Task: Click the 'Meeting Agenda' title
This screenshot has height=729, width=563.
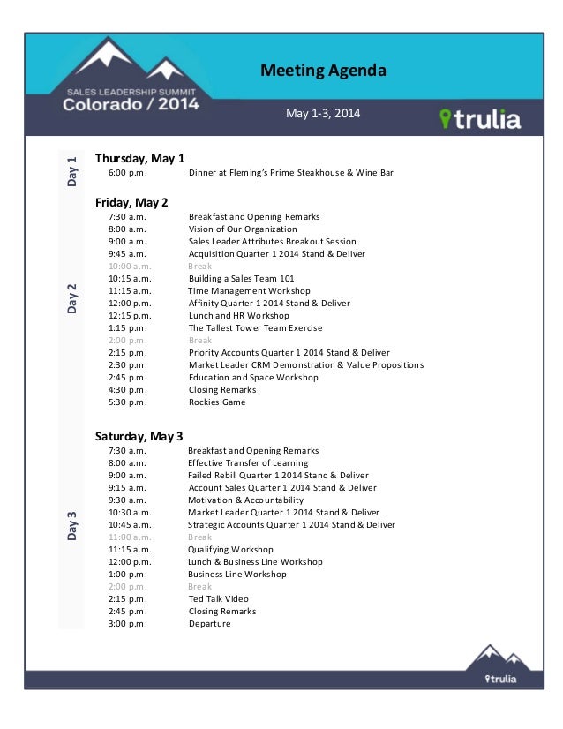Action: (323, 71)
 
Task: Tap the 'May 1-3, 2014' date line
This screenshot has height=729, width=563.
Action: (323, 114)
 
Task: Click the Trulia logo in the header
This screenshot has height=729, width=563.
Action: (480, 119)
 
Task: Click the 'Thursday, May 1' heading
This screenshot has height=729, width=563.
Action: (139, 158)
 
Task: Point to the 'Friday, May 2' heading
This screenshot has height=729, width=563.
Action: (131, 202)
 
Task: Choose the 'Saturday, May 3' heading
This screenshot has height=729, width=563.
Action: (139, 436)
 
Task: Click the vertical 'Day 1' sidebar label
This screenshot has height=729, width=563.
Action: (71, 170)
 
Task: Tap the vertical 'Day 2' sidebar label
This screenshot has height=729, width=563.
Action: (71, 298)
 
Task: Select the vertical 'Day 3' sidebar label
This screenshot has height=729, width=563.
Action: (71, 526)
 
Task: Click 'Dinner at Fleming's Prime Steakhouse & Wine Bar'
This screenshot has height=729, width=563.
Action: (290, 173)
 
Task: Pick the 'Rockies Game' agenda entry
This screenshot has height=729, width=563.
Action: (217, 402)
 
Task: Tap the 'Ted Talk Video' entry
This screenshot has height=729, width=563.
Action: (218, 599)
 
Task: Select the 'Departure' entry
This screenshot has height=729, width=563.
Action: (209, 624)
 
